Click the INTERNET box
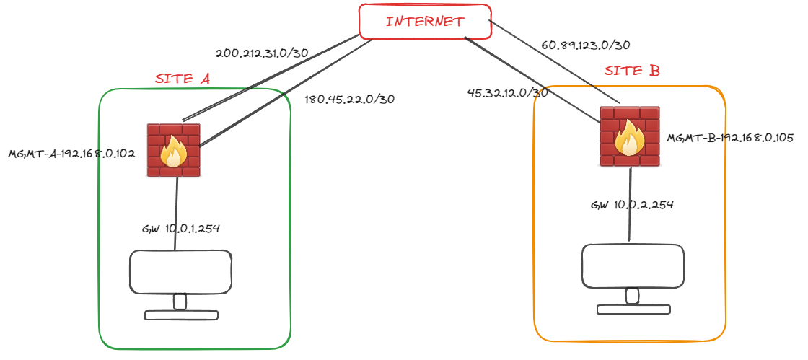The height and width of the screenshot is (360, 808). pyautogui.click(x=425, y=22)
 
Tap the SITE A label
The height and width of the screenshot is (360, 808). pyautogui.click(x=183, y=79)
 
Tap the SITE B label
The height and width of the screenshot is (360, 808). pyautogui.click(x=632, y=71)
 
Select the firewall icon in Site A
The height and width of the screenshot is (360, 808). pyautogui.click(x=174, y=150)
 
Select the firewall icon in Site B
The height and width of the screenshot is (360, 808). pyautogui.click(x=629, y=136)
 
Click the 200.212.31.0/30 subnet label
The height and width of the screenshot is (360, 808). pyautogui.click(x=263, y=53)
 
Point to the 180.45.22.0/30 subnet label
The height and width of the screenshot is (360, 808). pyautogui.click(x=350, y=99)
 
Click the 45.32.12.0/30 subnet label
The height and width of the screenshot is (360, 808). pyautogui.click(x=508, y=92)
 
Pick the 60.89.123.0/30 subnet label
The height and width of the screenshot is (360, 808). pyautogui.click(x=586, y=45)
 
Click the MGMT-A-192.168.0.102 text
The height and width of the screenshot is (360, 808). pyautogui.click(x=72, y=154)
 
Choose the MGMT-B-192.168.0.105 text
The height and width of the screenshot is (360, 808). pyautogui.click(x=730, y=137)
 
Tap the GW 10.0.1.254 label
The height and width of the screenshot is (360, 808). pyautogui.click(x=181, y=229)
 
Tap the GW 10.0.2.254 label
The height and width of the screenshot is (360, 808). pyautogui.click(x=632, y=205)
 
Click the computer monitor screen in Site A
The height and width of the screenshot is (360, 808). pyautogui.click(x=180, y=271)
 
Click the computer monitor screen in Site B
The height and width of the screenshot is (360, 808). pyautogui.click(x=633, y=265)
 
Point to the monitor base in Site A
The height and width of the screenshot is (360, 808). pyautogui.click(x=180, y=315)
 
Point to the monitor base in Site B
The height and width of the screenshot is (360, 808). pyautogui.click(x=633, y=309)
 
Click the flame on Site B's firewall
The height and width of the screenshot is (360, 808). pyautogui.click(x=629, y=139)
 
